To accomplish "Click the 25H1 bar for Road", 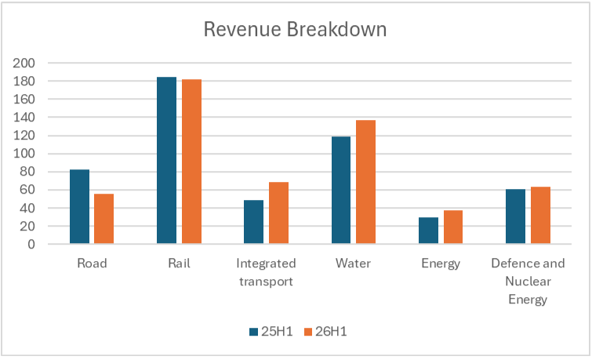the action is click(80, 206).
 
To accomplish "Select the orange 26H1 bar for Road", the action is click(104, 219).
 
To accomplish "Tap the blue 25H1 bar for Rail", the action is click(166, 161).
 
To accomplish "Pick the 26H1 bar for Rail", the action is click(192, 162).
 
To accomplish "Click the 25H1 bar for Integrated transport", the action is click(254, 222).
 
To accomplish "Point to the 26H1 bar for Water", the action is click(366, 182).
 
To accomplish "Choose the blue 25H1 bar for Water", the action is click(341, 191).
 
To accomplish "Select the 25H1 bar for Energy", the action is click(429, 231).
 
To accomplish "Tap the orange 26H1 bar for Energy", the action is click(453, 227).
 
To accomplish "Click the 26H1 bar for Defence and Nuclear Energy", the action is click(541, 216).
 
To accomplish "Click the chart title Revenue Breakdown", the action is click(296, 29).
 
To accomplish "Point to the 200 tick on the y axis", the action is click(24, 63).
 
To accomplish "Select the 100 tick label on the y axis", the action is click(24, 154).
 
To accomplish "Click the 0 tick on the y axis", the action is click(31, 245).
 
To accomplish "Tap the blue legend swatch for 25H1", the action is click(254, 332).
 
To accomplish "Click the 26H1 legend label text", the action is click(331, 331).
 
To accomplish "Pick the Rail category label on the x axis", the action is click(179, 263).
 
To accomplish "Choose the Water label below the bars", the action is click(354, 263).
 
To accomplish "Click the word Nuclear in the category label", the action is click(528, 281).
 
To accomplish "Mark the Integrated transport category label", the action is click(266, 272).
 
